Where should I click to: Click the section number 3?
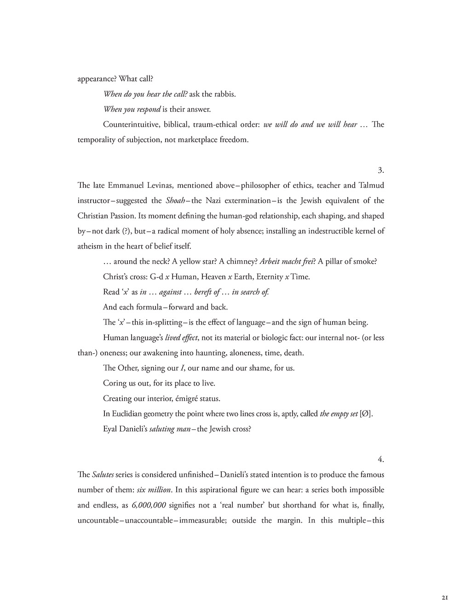(380, 170)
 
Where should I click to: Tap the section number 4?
(380, 459)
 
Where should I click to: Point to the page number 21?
(445, 597)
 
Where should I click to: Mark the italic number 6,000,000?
(149, 505)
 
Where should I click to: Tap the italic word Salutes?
(103, 474)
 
